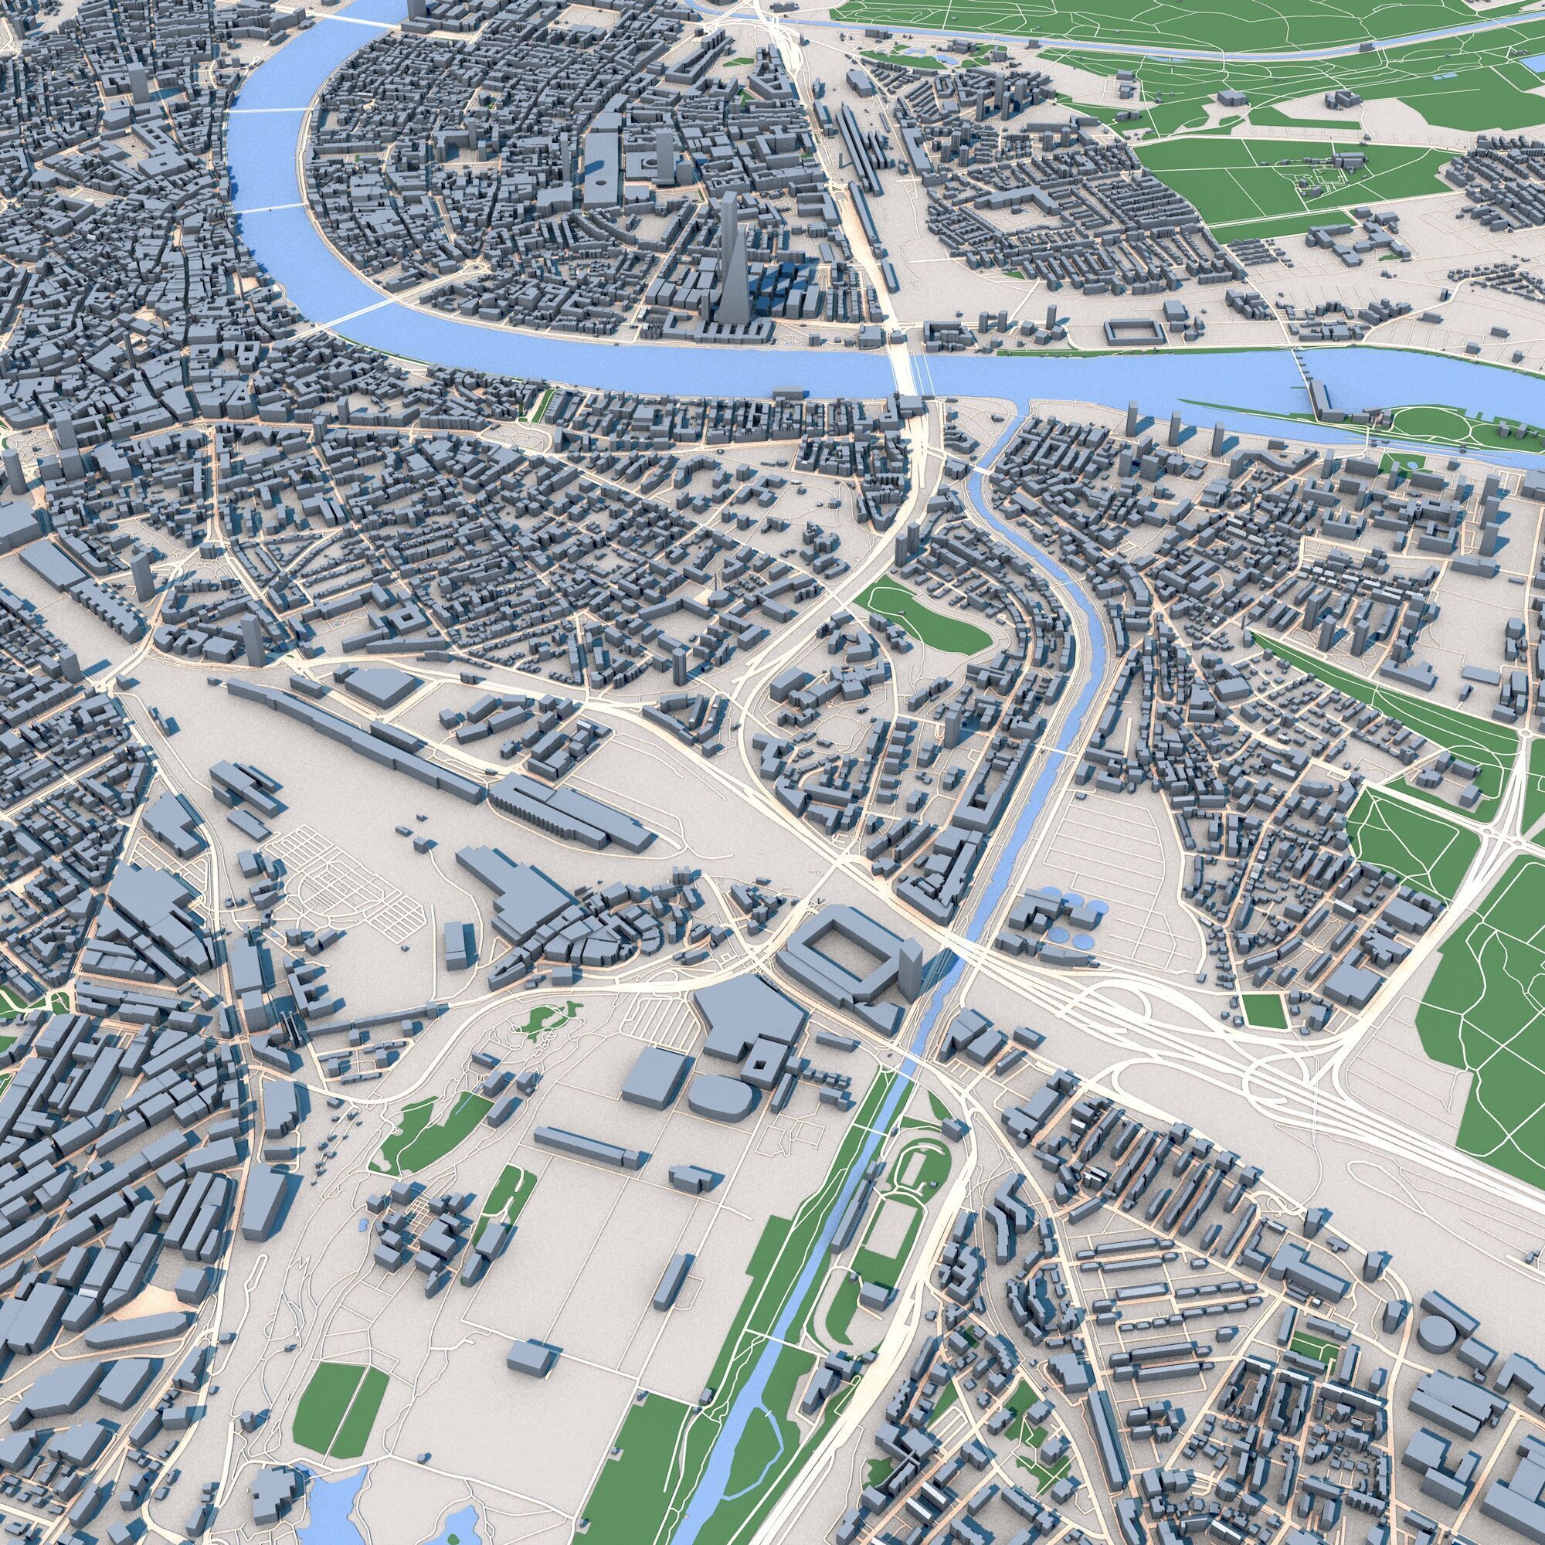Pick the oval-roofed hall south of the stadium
(x=720, y=1092)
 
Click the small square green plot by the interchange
(x=1265, y=1010)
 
